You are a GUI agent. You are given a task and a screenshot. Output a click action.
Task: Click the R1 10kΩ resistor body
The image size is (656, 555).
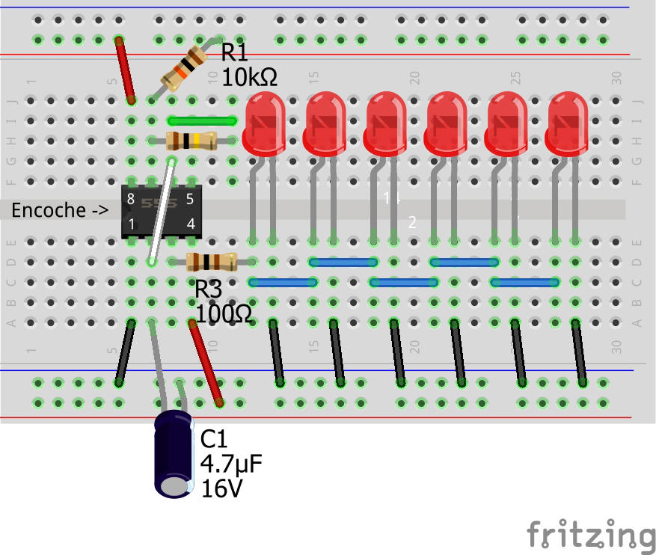pyautogui.click(x=184, y=67)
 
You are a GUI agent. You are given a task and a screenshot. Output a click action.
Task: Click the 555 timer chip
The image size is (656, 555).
pyautogui.click(x=161, y=211)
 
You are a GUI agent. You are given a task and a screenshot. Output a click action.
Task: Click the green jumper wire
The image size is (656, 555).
pyautogui.click(x=203, y=120)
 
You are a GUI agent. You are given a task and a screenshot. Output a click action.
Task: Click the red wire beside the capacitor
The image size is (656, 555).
pyautogui.click(x=206, y=364)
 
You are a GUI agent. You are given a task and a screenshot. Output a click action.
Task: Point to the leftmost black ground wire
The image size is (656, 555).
pyautogui.click(x=125, y=352)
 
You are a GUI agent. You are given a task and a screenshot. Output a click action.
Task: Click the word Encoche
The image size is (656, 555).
pyautogui.click(x=49, y=211)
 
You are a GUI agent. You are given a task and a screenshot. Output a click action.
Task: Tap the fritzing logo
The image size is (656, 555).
pyautogui.click(x=591, y=536)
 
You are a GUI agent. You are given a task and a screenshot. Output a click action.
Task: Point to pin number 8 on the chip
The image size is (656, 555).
pyautogui.click(x=131, y=199)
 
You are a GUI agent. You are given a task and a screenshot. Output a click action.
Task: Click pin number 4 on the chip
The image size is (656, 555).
pyautogui.click(x=191, y=224)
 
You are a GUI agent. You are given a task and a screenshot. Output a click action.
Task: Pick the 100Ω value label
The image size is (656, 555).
pyautogui.click(x=224, y=313)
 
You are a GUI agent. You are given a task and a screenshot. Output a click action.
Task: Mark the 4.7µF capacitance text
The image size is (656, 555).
pyautogui.click(x=231, y=465)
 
